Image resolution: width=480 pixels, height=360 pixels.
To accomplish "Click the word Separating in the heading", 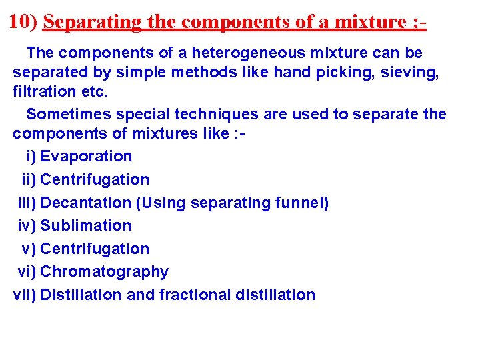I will coord(92,22).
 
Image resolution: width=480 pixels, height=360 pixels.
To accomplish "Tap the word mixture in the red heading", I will coord(369,22).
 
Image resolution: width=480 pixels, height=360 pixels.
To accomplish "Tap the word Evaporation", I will coord(86,157).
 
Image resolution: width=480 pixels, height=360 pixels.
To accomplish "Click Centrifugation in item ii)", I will coord(95,179).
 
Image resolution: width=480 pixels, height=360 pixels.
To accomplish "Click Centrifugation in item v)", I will coord(95,249).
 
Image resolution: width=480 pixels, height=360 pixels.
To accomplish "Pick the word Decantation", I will coord(86,203).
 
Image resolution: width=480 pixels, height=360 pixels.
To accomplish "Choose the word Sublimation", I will coord(86,225).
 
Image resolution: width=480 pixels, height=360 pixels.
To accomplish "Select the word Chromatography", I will coord(104,271).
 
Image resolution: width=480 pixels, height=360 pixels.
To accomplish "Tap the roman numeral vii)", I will coord(26,295).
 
